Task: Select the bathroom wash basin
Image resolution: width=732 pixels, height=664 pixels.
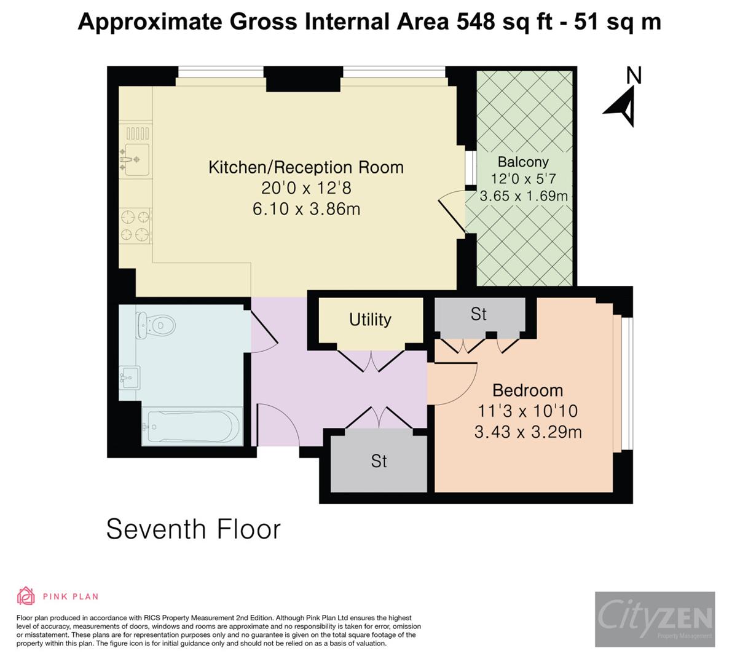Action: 130,376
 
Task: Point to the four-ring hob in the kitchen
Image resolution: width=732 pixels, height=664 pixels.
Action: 135,225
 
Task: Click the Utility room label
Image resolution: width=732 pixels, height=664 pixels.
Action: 370,320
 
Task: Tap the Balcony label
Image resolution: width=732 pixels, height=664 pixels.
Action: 523,162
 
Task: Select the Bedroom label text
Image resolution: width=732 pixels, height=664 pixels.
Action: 527,390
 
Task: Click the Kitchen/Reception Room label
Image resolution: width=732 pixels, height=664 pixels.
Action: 305,167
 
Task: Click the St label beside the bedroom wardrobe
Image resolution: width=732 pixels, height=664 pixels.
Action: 478,314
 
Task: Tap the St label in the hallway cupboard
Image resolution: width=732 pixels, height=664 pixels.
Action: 379,461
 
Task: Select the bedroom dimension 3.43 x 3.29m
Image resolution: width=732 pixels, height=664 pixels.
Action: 527,432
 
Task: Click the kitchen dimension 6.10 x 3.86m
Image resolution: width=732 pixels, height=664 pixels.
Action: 305,209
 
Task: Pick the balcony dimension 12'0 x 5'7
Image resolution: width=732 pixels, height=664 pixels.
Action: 523,179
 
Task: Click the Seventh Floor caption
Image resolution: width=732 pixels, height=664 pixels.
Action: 193,529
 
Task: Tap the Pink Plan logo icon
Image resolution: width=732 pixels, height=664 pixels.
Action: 26,596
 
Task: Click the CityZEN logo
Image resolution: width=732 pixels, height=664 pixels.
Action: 655,619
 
